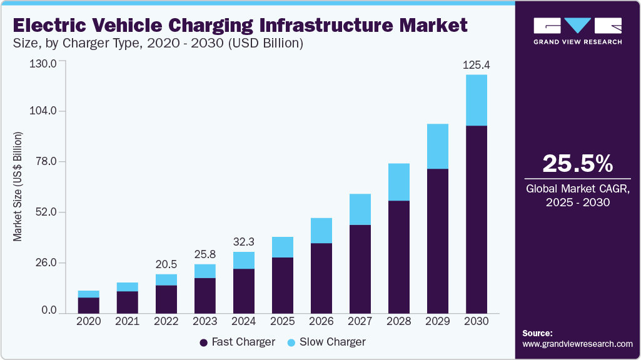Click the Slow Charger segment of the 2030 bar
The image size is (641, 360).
pos(477,100)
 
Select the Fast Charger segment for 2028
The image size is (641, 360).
pos(399,256)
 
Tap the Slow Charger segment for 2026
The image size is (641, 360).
pos(321,230)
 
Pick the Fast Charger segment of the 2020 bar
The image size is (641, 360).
pos(89,305)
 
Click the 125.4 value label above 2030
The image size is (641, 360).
pos(477,65)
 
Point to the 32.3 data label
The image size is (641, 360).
pos(244,241)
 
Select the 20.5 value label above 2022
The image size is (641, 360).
pos(166,263)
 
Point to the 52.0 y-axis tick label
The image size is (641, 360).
pos(45,212)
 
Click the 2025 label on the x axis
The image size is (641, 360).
pos(283,321)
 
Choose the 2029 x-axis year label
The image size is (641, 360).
pos(438,321)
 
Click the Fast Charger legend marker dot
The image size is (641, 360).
pos(203,342)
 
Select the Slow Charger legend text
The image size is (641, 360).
pos(333,342)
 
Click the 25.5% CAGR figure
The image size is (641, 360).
pos(577,163)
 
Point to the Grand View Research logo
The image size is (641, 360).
pos(577,31)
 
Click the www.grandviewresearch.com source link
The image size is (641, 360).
pos(577,344)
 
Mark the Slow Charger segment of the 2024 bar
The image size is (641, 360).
pos(244,260)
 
